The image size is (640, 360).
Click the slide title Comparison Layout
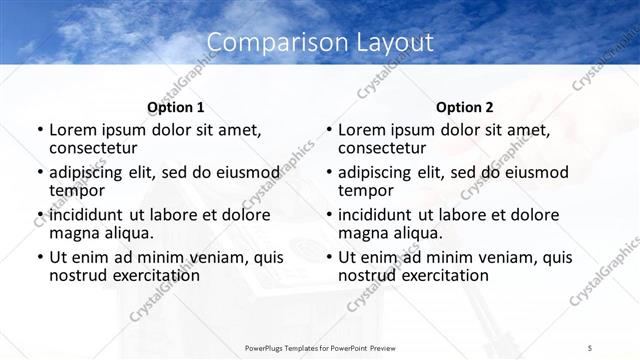pos(320,42)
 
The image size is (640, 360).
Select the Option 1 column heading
pos(175,107)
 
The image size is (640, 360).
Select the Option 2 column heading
pos(465,107)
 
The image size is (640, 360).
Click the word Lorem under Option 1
pos(74,130)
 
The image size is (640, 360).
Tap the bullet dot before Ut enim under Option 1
pos(39,258)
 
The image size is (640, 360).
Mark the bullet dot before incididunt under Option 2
pos(328,215)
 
